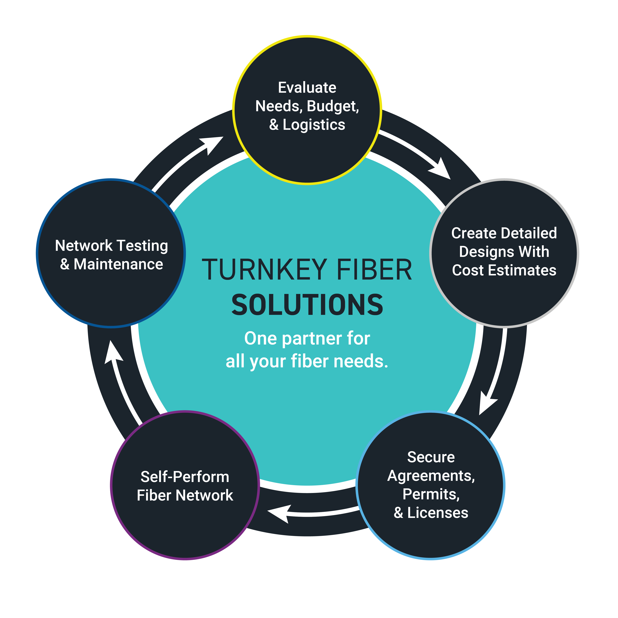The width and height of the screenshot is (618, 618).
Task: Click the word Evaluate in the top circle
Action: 307,88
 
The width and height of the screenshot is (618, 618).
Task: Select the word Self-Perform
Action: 185,477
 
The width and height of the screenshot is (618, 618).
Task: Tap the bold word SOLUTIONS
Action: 307,306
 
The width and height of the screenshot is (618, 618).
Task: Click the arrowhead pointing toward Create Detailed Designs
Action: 441,170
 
